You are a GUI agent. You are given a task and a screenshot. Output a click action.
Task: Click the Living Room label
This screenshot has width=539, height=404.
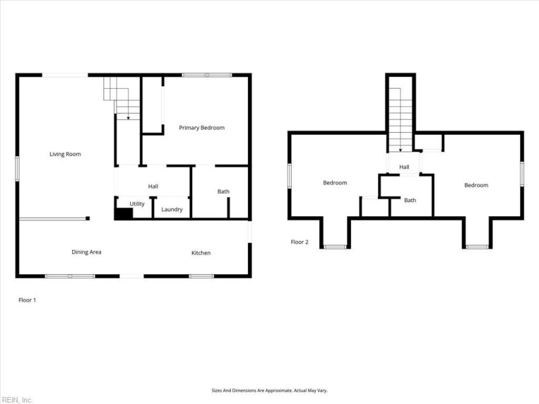click(65, 154)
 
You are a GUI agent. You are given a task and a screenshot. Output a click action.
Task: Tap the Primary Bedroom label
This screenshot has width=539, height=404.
click(201, 127)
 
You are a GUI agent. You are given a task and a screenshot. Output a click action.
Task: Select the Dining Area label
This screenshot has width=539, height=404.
click(86, 252)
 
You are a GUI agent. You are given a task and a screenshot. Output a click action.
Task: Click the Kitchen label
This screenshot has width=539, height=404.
click(201, 253)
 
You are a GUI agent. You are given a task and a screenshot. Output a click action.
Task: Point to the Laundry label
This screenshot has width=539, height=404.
click(172, 209)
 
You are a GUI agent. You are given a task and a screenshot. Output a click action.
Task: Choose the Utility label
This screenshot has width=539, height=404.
click(137, 203)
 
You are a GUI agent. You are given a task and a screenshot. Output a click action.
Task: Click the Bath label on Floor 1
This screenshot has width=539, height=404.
click(223, 192)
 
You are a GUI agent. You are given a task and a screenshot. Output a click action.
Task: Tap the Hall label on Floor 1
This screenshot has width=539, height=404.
click(153, 186)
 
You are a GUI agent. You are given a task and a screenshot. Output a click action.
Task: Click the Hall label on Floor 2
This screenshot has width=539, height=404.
click(404, 167)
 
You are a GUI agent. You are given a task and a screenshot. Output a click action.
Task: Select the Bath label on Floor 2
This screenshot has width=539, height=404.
click(410, 200)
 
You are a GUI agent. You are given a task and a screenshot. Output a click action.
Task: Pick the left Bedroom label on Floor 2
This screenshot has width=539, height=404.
click(335, 183)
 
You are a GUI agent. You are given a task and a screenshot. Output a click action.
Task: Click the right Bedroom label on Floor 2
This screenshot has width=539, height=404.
click(476, 185)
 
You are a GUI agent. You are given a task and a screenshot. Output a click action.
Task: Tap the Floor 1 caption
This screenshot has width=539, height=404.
click(27, 300)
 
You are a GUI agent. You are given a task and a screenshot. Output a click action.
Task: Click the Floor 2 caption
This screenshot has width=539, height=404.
click(299, 242)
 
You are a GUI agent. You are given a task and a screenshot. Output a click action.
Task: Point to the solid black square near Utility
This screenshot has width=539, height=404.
click(123, 213)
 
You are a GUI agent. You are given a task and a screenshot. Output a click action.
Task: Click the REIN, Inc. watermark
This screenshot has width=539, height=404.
click(17, 399)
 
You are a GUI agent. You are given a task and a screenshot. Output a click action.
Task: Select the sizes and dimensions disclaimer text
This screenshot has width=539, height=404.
click(269, 391)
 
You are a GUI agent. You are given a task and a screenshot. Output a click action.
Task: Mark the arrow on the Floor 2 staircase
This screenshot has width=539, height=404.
click(401, 149)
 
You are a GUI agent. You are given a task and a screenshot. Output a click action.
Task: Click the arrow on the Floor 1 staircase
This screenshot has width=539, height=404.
click(128, 116)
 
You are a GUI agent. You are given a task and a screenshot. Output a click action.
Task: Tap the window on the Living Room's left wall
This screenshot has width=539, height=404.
click(18, 168)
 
